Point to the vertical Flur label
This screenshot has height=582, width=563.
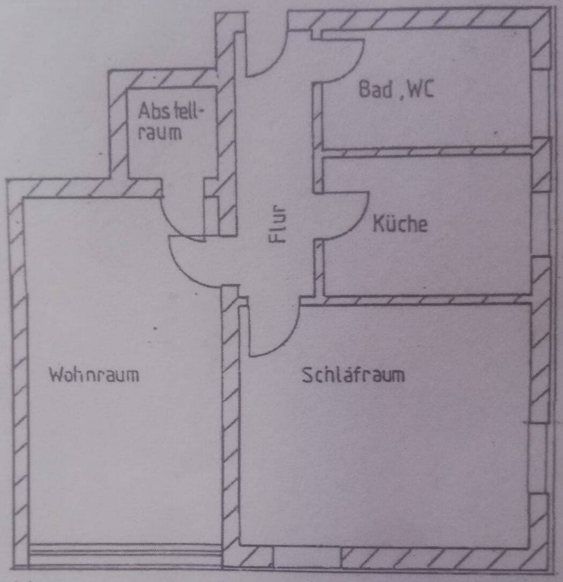tap(279, 225)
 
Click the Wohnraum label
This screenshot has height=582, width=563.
tap(94, 375)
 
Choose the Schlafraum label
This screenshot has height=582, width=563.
tap(353, 375)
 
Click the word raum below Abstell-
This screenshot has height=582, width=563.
tap(160, 133)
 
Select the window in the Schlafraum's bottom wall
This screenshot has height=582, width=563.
tap(307, 557)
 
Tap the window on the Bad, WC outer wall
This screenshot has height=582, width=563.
tap(541, 105)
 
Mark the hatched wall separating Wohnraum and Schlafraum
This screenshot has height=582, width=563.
tap(230, 429)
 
